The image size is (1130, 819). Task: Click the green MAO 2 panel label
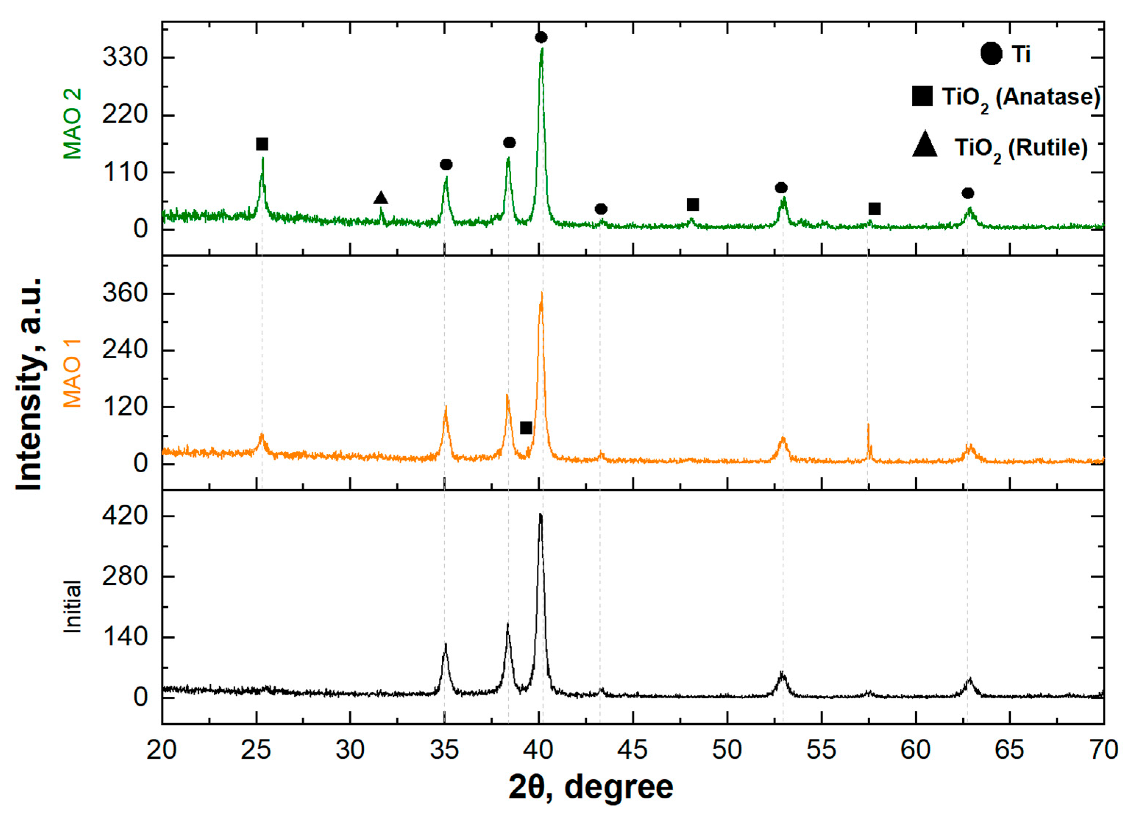72,124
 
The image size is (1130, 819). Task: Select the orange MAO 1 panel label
72,373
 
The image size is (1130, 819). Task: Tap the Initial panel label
72,606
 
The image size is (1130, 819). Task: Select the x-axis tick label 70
1103,750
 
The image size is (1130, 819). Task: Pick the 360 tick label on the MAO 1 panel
125,293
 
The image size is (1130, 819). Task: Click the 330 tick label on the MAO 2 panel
125,58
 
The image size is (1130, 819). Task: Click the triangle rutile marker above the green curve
381,198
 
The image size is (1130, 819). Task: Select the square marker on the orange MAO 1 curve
526,428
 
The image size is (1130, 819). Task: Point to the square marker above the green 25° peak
262,144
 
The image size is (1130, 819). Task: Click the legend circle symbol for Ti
991,54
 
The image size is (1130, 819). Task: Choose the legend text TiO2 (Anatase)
1020,98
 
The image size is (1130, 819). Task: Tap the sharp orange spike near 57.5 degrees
868,425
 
